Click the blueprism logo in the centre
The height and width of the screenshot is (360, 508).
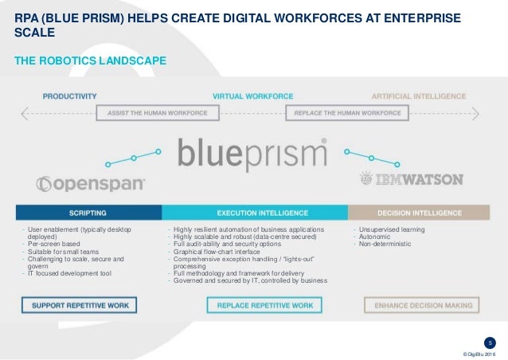252,154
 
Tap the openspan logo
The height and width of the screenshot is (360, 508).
91,184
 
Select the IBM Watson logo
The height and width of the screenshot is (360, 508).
410,178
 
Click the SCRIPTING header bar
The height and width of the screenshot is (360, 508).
88,213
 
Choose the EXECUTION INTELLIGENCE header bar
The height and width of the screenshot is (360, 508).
255,213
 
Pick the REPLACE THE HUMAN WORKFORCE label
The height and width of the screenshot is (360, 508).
347,113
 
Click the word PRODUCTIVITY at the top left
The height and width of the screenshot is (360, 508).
69,96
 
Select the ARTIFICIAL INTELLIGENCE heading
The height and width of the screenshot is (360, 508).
419,96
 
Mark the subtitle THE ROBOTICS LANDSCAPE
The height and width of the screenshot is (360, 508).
89,61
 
